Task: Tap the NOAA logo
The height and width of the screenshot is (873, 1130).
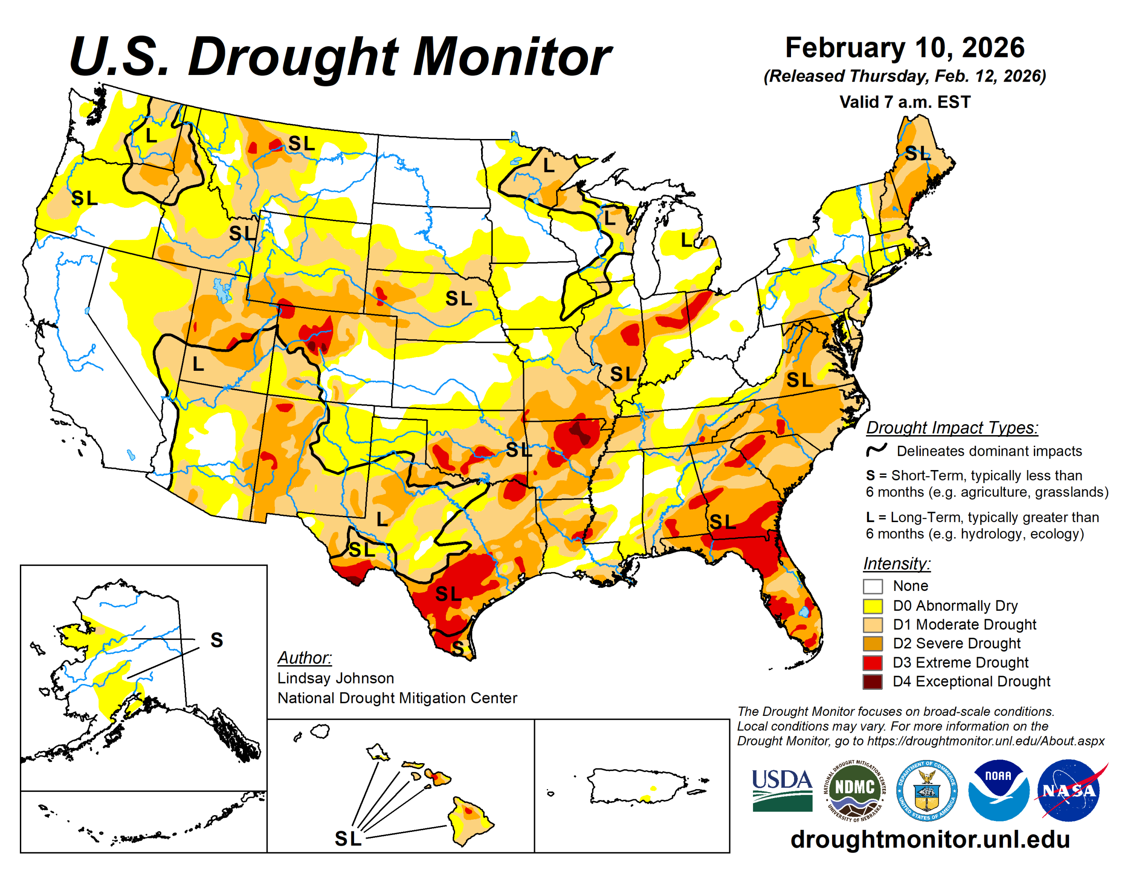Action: (998, 790)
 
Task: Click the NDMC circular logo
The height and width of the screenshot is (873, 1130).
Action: (855, 790)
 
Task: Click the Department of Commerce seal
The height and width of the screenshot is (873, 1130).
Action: (926, 790)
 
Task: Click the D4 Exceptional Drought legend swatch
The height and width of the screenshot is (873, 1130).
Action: (872, 681)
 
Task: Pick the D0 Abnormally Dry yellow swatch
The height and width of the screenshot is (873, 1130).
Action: (872, 606)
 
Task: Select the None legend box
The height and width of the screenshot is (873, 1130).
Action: (872, 586)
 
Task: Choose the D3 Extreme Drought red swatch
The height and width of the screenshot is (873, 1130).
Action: (872, 662)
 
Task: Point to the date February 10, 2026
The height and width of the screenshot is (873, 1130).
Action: (904, 48)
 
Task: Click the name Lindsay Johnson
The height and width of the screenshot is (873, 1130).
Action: (335, 678)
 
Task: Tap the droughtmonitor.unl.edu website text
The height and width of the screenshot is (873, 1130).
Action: (930, 839)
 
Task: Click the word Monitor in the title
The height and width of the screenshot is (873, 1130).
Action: (512, 57)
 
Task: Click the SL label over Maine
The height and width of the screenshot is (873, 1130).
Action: (917, 153)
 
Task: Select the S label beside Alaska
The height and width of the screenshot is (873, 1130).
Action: (217, 640)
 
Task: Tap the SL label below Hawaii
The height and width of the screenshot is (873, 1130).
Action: (348, 838)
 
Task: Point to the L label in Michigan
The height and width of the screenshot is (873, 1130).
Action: (686, 240)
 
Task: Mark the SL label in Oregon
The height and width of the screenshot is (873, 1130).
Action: (84, 198)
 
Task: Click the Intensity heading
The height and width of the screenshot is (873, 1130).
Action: (896, 563)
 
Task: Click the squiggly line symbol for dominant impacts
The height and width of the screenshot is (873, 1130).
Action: (877, 450)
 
